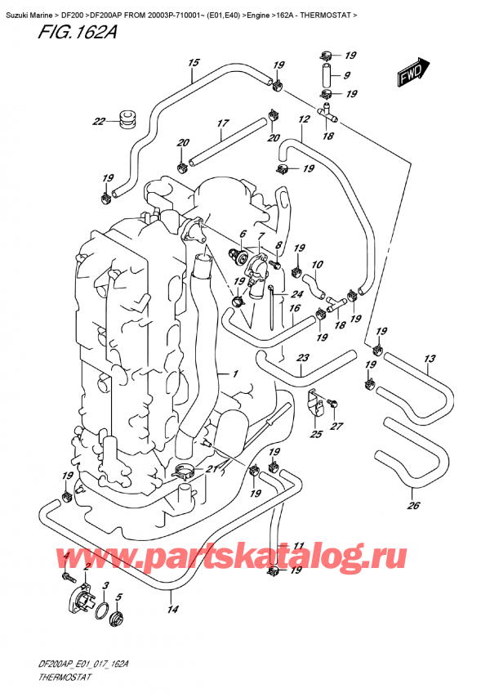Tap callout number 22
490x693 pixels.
(x=99, y=123)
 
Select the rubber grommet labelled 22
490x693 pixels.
(x=127, y=118)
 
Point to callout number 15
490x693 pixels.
(x=194, y=63)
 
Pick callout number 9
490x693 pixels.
(x=348, y=75)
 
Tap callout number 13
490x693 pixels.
(x=430, y=360)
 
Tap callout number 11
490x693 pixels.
(x=298, y=546)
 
